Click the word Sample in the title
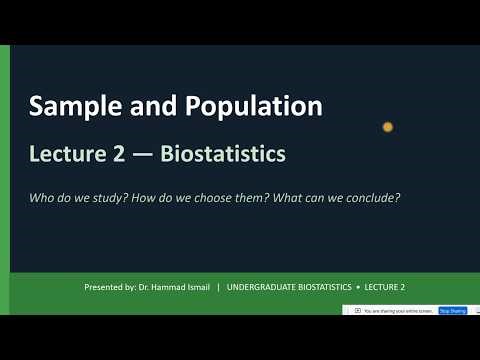70,105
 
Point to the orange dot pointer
387,127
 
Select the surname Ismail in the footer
196,288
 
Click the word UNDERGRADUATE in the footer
262,288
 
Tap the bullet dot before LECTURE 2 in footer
361,288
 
